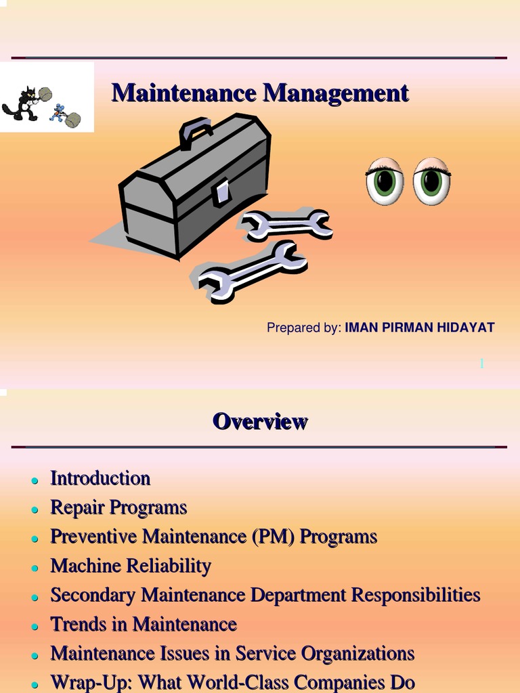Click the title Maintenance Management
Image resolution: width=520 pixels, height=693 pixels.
pos(260,93)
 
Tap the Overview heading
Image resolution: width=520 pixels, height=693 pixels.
pos(260,422)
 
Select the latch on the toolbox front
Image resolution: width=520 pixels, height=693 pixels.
pos(221,192)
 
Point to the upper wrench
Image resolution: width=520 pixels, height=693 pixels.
pos(287,225)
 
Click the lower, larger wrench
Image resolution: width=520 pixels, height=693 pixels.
pos(252,271)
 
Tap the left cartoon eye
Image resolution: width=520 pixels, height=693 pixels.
pos(385,181)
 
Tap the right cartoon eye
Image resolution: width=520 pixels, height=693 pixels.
pos(431,181)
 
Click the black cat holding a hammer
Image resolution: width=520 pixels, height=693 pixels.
pos(24,104)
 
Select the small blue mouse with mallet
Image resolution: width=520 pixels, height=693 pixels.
pos(60,113)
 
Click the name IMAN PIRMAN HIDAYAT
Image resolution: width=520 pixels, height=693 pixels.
pos(420,328)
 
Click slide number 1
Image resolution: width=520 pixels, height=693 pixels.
pos(482,364)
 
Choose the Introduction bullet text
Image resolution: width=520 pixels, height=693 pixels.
pos(100,478)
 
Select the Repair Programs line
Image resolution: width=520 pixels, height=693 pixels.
pos(118,508)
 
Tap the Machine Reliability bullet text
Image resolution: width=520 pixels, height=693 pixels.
pos(131,566)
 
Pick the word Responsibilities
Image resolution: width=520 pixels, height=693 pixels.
pos(416,595)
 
